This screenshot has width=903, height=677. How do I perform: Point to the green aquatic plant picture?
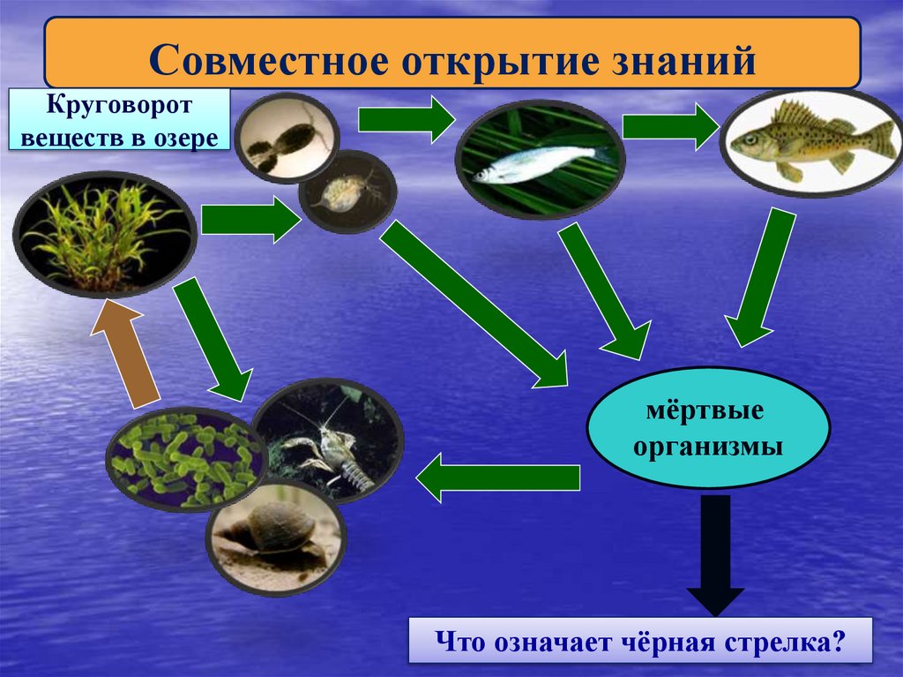(104, 235)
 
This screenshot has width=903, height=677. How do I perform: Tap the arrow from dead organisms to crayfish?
(498, 478)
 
